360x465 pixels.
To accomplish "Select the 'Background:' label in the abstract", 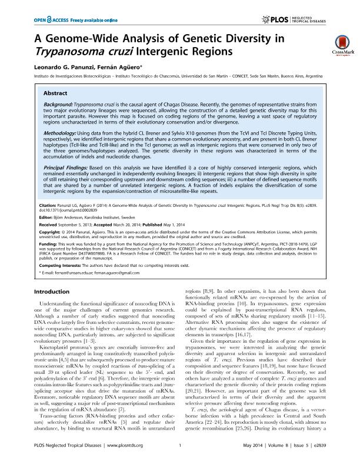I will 60,104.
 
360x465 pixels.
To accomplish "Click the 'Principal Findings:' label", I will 68,169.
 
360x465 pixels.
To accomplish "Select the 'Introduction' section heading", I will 54,292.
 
